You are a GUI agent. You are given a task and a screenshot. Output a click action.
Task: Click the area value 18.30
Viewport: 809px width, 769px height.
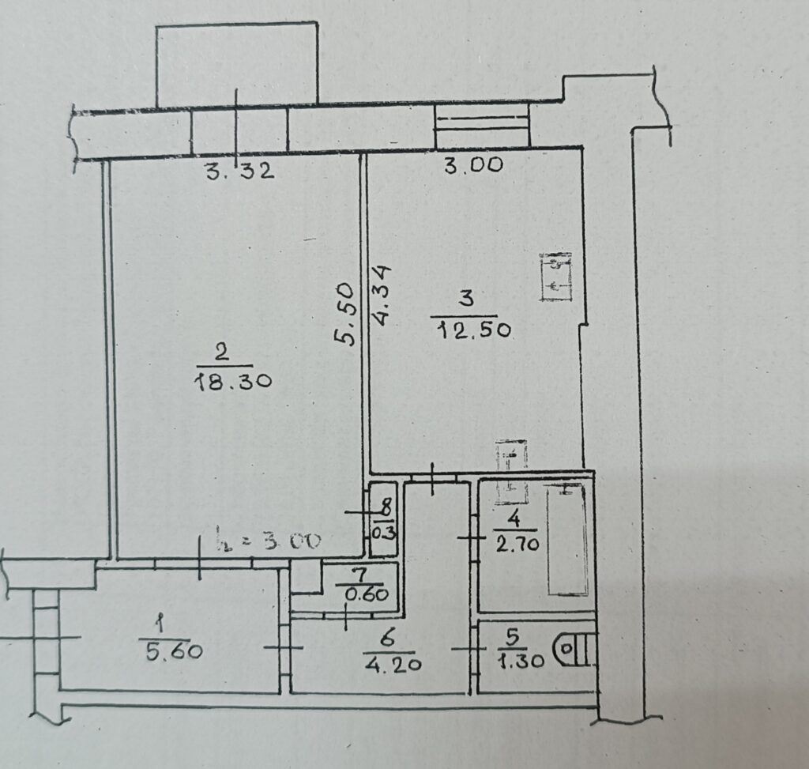(234, 382)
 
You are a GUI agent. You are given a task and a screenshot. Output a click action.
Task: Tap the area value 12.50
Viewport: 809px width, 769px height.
(474, 330)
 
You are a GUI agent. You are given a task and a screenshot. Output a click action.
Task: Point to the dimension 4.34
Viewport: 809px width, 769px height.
(382, 296)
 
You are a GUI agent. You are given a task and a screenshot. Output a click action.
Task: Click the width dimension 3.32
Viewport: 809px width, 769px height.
(240, 170)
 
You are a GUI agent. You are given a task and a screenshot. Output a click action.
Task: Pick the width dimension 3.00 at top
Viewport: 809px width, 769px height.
(474, 165)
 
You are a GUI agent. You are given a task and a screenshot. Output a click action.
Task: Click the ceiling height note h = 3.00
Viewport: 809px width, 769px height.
(268, 541)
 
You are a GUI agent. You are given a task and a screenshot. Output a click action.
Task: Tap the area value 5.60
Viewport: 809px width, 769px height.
(173, 652)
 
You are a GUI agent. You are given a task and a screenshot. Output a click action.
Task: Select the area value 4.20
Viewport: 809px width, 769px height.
(393, 663)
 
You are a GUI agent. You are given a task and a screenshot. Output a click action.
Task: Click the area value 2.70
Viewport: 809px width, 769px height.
(517, 544)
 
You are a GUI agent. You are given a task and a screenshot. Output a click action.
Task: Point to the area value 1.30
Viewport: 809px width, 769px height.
(521, 661)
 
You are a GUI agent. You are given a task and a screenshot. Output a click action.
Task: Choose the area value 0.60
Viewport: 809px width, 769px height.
(367, 594)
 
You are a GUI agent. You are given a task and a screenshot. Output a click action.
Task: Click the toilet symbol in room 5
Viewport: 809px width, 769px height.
(574, 649)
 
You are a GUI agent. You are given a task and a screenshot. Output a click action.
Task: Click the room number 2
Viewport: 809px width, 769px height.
(221, 353)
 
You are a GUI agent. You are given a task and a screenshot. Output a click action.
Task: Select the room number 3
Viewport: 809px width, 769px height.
(466, 300)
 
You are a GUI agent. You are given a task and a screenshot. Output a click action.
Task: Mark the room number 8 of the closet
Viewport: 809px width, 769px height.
(387, 507)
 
